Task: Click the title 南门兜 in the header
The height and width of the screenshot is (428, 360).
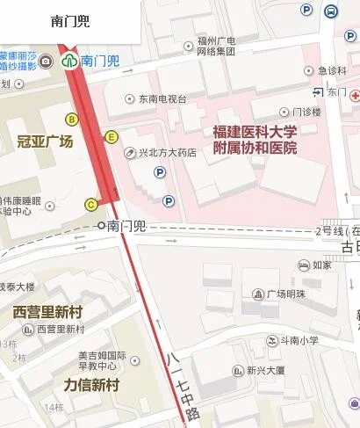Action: pos(70,21)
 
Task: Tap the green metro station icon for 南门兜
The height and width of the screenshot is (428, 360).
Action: pos(69,61)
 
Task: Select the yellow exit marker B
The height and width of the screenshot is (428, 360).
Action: pos(72,119)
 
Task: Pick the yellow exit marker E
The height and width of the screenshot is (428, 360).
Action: pos(111,136)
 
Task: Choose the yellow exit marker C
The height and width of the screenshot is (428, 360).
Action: pos(90,205)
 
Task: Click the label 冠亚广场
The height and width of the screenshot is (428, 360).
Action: pos(45,141)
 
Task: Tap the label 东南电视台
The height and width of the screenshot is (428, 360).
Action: pos(162,99)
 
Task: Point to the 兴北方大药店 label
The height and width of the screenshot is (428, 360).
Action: pos(166,153)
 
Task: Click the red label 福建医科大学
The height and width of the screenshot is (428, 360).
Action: pos(255,132)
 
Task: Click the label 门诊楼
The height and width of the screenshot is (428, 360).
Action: pos(306,112)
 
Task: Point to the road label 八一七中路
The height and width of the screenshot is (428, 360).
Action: pos(179,384)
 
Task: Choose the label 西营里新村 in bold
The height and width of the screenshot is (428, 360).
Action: pos(48,312)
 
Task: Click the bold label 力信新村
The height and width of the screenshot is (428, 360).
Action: pos(91,385)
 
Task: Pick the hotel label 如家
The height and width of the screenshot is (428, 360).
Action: pos(321,265)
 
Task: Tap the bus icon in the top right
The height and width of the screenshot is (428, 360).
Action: pos(331,11)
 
